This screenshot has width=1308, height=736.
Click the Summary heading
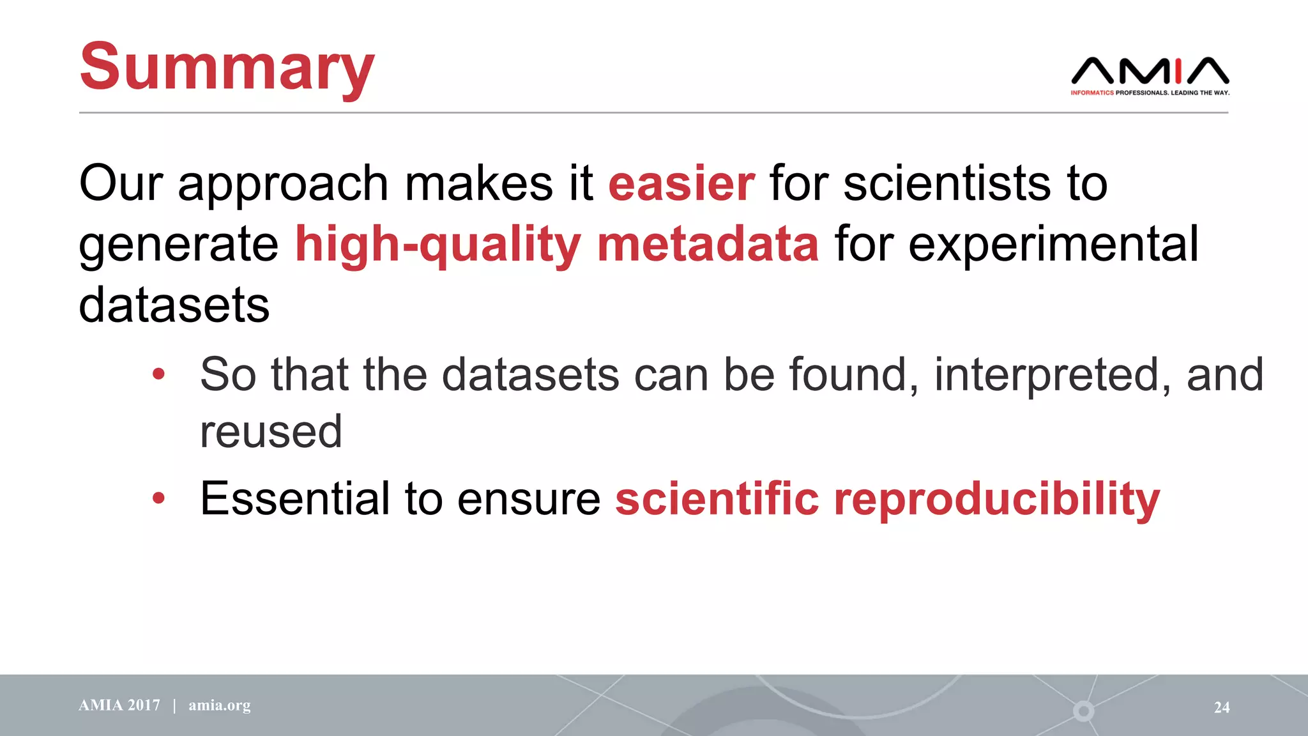(227, 67)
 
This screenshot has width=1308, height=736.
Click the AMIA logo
(1150, 71)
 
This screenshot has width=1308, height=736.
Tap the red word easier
(681, 184)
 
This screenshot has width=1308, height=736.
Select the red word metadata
(708, 244)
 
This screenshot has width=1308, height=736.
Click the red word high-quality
(437, 245)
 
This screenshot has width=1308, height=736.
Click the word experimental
(1053, 245)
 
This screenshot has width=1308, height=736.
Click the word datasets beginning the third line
(174, 305)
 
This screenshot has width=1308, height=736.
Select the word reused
(271, 432)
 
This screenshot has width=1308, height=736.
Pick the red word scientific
(717, 498)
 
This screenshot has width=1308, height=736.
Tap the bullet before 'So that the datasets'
(158, 374)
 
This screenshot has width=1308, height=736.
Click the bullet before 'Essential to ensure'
(158, 498)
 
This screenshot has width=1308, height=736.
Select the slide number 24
(1221, 707)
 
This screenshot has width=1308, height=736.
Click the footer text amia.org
(219, 705)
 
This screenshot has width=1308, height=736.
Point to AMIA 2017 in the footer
(119, 705)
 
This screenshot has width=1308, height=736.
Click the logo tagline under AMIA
(1150, 93)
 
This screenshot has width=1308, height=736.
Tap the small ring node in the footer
(1083, 710)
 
